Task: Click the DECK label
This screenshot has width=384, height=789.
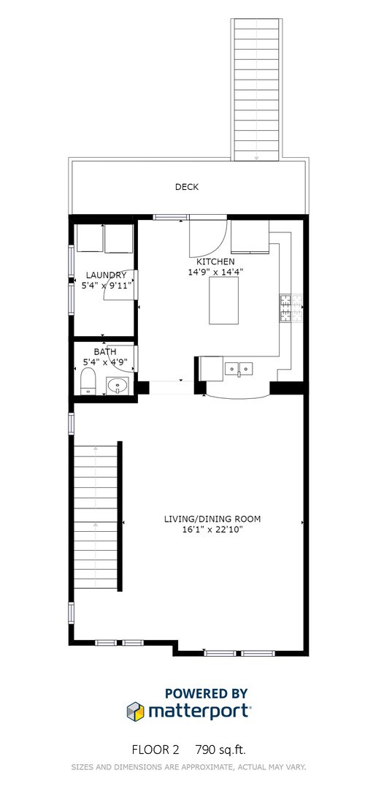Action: click(x=186, y=187)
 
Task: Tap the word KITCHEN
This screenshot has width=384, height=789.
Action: click(x=216, y=262)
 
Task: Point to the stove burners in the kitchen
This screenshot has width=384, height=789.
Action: click(x=285, y=308)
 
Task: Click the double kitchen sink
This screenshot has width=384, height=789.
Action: click(x=239, y=367)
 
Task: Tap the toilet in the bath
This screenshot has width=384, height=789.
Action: click(x=88, y=381)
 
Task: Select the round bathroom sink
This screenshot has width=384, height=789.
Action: click(x=116, y=384)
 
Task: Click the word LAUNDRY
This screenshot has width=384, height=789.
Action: click(x=106, y=275)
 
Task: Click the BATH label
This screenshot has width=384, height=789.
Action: click(x=104, y=351)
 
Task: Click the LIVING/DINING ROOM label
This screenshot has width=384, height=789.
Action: click(x=212, y=519)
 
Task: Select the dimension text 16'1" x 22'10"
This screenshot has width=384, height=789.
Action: click(x=212, y=530)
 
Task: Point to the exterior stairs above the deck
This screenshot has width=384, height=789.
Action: click(x=257, y=88)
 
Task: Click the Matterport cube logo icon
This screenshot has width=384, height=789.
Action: click(x=135, y=710)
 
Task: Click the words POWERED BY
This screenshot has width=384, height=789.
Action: click(x=206, y=693)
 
